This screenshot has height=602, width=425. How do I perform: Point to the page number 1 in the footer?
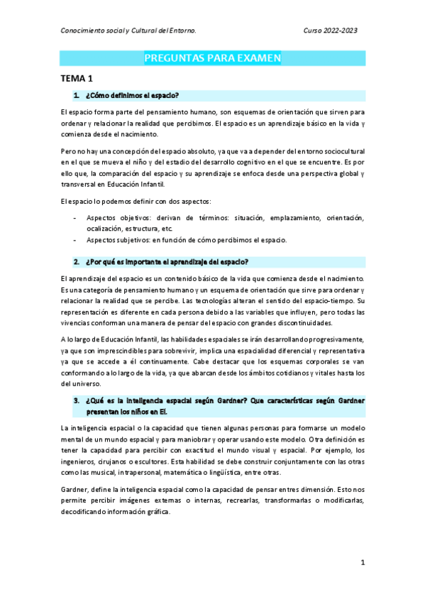click(362, 562)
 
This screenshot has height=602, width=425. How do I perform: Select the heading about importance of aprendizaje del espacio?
click(166, 261)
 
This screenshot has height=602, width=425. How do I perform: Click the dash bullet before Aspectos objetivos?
click(75, 217)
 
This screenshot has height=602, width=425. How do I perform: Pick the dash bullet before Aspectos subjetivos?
click(75, 240)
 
